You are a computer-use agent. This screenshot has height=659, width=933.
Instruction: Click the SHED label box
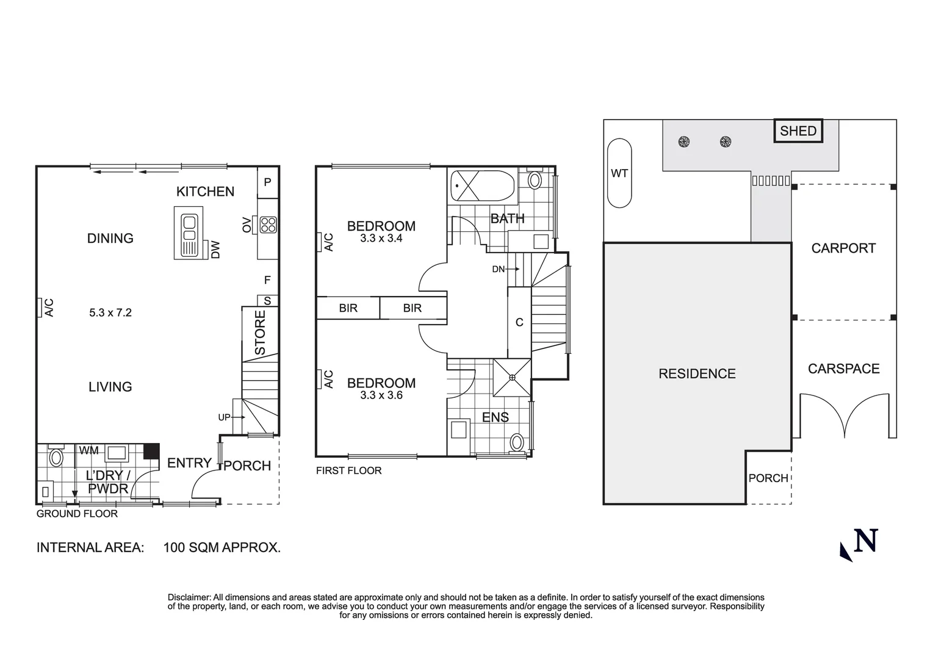798,131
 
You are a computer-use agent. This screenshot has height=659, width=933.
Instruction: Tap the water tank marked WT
619,173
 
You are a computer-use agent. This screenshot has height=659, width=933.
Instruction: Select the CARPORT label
843,248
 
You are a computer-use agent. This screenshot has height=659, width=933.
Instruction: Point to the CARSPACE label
843,369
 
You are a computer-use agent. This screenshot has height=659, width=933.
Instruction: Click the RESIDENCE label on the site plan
697,373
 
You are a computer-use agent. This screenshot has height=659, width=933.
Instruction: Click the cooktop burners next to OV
268,225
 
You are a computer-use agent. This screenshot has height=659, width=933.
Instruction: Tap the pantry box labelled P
267,182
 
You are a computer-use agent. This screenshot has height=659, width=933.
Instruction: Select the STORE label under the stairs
260,333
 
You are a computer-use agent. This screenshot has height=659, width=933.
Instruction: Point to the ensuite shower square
512,378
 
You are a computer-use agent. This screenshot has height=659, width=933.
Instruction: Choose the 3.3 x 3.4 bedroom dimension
381,239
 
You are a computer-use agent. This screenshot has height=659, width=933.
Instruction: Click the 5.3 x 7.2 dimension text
110,312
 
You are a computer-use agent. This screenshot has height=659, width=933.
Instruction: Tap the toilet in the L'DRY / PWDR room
56,457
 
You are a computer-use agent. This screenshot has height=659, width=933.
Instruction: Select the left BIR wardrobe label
348,308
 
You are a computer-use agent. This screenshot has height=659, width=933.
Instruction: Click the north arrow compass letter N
866,541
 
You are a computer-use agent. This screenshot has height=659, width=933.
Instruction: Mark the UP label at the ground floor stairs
224,417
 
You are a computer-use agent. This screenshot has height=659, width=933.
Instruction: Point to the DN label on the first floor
499,269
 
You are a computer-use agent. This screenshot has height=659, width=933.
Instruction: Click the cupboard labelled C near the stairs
519,322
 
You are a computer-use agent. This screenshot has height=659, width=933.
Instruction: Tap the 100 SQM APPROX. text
222,547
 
